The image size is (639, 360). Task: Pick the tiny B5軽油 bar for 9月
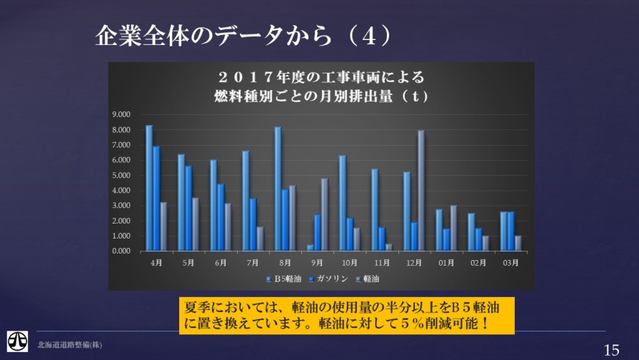point(311,248)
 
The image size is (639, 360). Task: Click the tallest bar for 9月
point(324,214)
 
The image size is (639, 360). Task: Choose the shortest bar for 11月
point(389,247)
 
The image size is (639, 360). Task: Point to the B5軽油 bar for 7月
point(246,201)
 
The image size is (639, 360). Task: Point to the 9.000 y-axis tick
point(123,114)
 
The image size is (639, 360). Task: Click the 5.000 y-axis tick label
point(123,175)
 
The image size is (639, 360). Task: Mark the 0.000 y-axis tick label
point(123,251)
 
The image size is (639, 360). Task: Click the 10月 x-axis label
point(348,263)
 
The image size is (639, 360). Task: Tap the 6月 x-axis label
point(220,263)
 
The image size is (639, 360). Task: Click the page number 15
point(611,350)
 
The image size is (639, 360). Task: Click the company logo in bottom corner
point(17,341)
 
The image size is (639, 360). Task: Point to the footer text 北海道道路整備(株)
point(70,345)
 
